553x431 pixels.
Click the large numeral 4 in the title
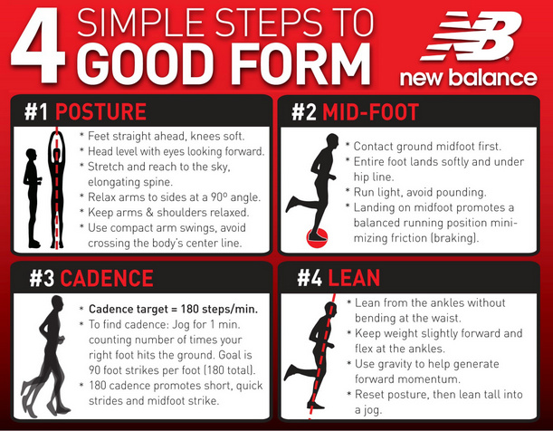[x=38, y=45]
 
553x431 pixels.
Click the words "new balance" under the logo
[x=468, y=78]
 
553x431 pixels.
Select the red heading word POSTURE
[x=100, y=111]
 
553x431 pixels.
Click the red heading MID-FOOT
[x=371, y=112]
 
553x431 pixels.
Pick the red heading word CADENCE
[x=107, y=278]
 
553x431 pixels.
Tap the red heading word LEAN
[x=354, y=278]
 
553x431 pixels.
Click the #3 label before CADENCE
[x=42, y=278]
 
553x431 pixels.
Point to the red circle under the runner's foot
[x=317, y=238]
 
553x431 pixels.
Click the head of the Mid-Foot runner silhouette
[x=332, y=140]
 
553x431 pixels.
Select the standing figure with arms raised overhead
[x=56, y=189]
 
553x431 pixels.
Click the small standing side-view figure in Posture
[x=32, y=198]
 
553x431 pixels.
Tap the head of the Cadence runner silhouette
[x=58, y=303]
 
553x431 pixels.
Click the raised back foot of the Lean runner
[x=291, y=373]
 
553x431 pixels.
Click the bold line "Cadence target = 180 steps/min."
[x=173, y=309]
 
